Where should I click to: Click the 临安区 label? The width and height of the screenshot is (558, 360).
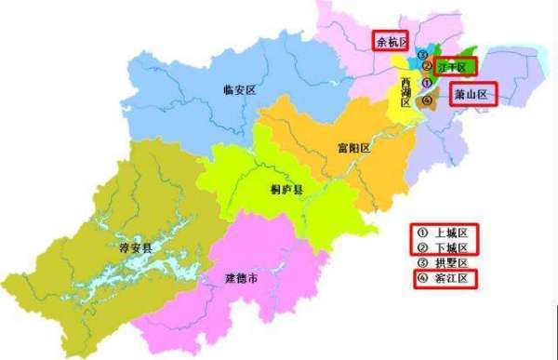[239, 89]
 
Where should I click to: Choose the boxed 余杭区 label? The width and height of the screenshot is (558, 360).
[391, 41]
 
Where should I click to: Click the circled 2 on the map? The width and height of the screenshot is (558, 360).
[425, 67]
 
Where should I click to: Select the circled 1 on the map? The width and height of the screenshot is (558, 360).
[425, 84]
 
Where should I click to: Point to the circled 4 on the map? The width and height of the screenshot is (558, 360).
[425, 100]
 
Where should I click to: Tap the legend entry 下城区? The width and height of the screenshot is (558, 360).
[452, 247]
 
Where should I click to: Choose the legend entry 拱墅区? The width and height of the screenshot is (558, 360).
[452, 262]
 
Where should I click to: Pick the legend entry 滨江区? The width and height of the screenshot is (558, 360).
[452, 278]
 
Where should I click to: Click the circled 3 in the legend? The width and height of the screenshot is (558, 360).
[421, 262]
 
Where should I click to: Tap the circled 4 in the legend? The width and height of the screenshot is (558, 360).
[421, 278]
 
